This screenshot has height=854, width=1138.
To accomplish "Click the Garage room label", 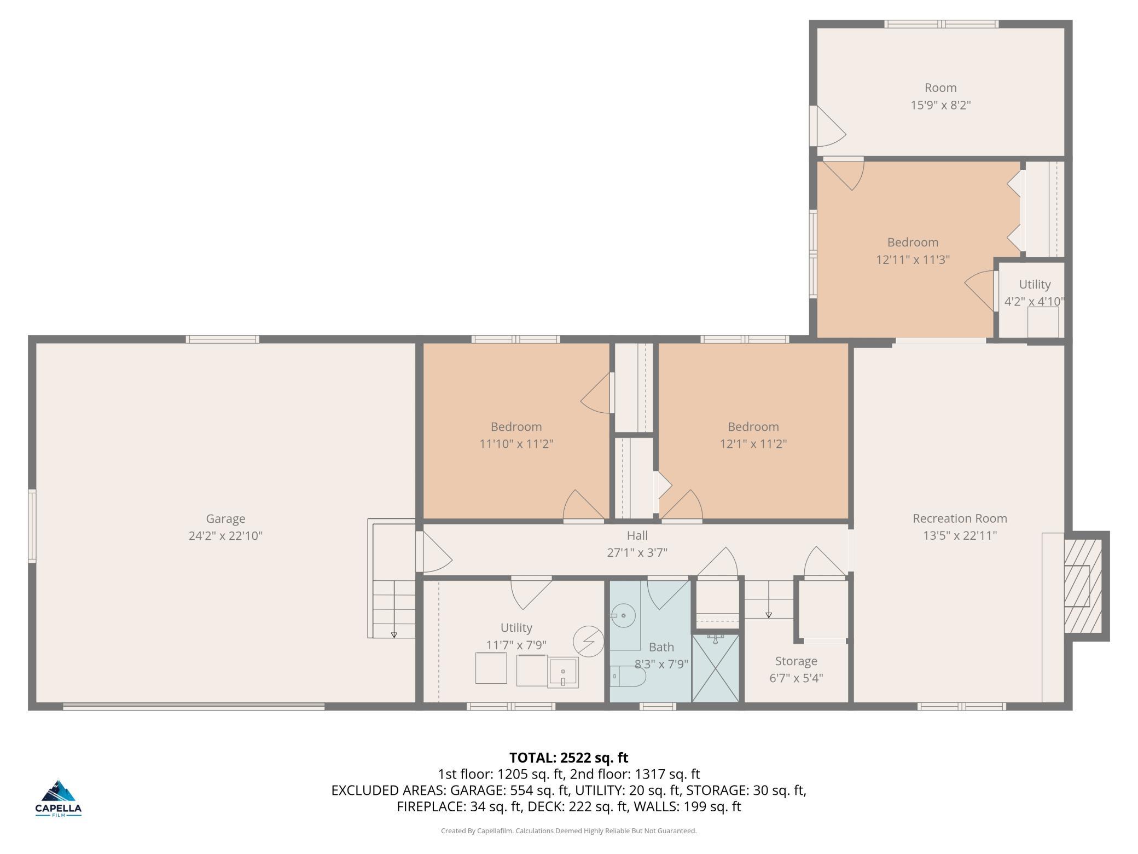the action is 225,518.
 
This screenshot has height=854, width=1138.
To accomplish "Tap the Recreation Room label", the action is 960,518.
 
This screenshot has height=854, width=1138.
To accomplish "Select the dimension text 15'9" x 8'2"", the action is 940,105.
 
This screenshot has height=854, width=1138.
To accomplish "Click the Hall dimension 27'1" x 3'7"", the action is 637,552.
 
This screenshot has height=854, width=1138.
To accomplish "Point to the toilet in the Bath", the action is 628,676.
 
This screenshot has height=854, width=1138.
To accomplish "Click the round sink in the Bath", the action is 623,616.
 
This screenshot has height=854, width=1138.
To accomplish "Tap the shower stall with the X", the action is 716,668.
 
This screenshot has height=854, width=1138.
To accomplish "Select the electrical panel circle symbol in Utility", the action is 588,641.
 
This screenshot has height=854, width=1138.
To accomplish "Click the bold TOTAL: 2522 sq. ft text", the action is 568,758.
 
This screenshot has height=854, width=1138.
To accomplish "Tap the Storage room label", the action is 796,661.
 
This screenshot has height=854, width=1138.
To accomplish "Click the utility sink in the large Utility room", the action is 563,672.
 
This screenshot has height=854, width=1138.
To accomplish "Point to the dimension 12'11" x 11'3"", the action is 913,259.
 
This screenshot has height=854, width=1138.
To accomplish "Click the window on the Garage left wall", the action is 32,526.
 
